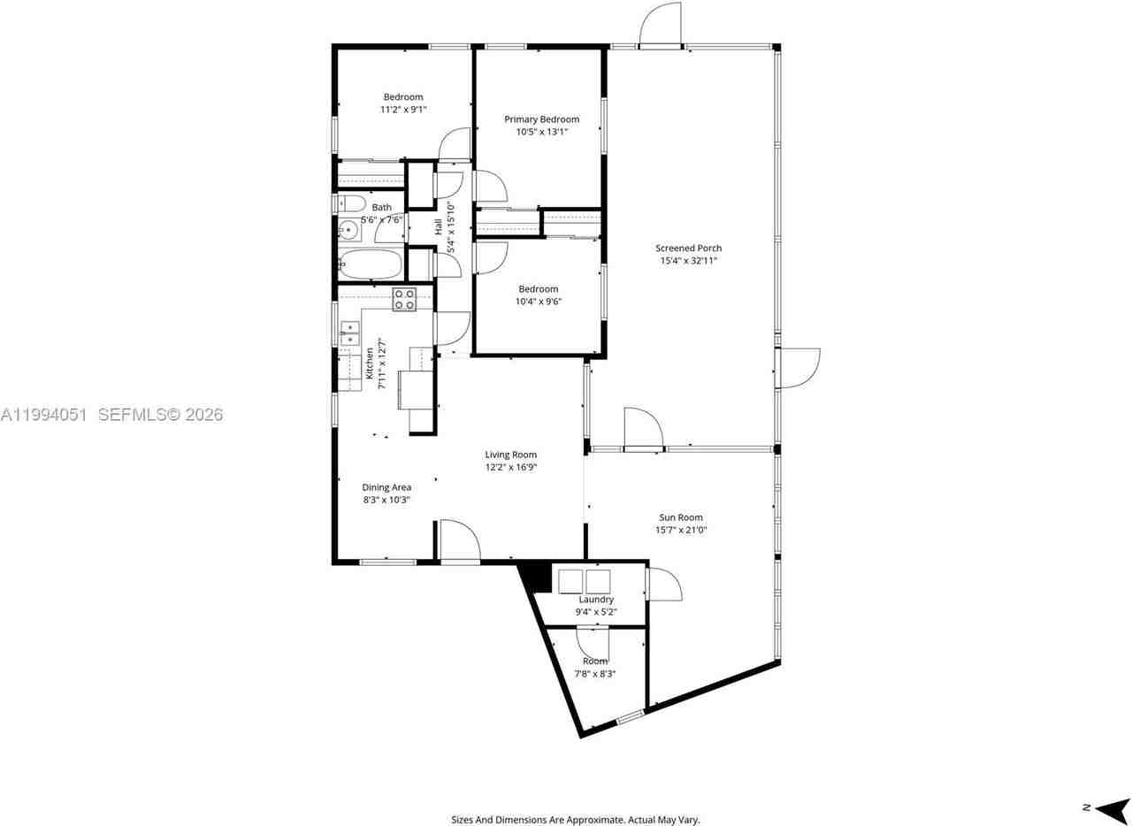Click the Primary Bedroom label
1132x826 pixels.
[x=541, y=119]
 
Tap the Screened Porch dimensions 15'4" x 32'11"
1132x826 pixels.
[x=688, y=261]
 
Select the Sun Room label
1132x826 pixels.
[x=681, y=517]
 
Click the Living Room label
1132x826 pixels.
[x=510, y=455]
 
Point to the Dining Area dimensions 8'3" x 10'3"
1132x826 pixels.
[x=386, y=500]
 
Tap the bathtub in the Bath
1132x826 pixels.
[x=371, y=264]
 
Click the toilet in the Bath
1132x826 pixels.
[x=349, y=203]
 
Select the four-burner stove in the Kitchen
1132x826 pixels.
[x=404, y=299]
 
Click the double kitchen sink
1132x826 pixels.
[x=350, y=333]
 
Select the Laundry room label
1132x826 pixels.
[x=596, y=600]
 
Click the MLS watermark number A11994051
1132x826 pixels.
[x=43, y=414]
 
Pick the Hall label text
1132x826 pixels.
[x=439, y=226]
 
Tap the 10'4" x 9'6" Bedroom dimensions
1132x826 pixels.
[x=538, y=302]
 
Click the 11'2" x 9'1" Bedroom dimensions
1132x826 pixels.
[x=402, y=110]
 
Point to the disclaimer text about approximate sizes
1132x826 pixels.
[x=575, y=820]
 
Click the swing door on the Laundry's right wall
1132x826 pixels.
[x=663, y=585]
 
